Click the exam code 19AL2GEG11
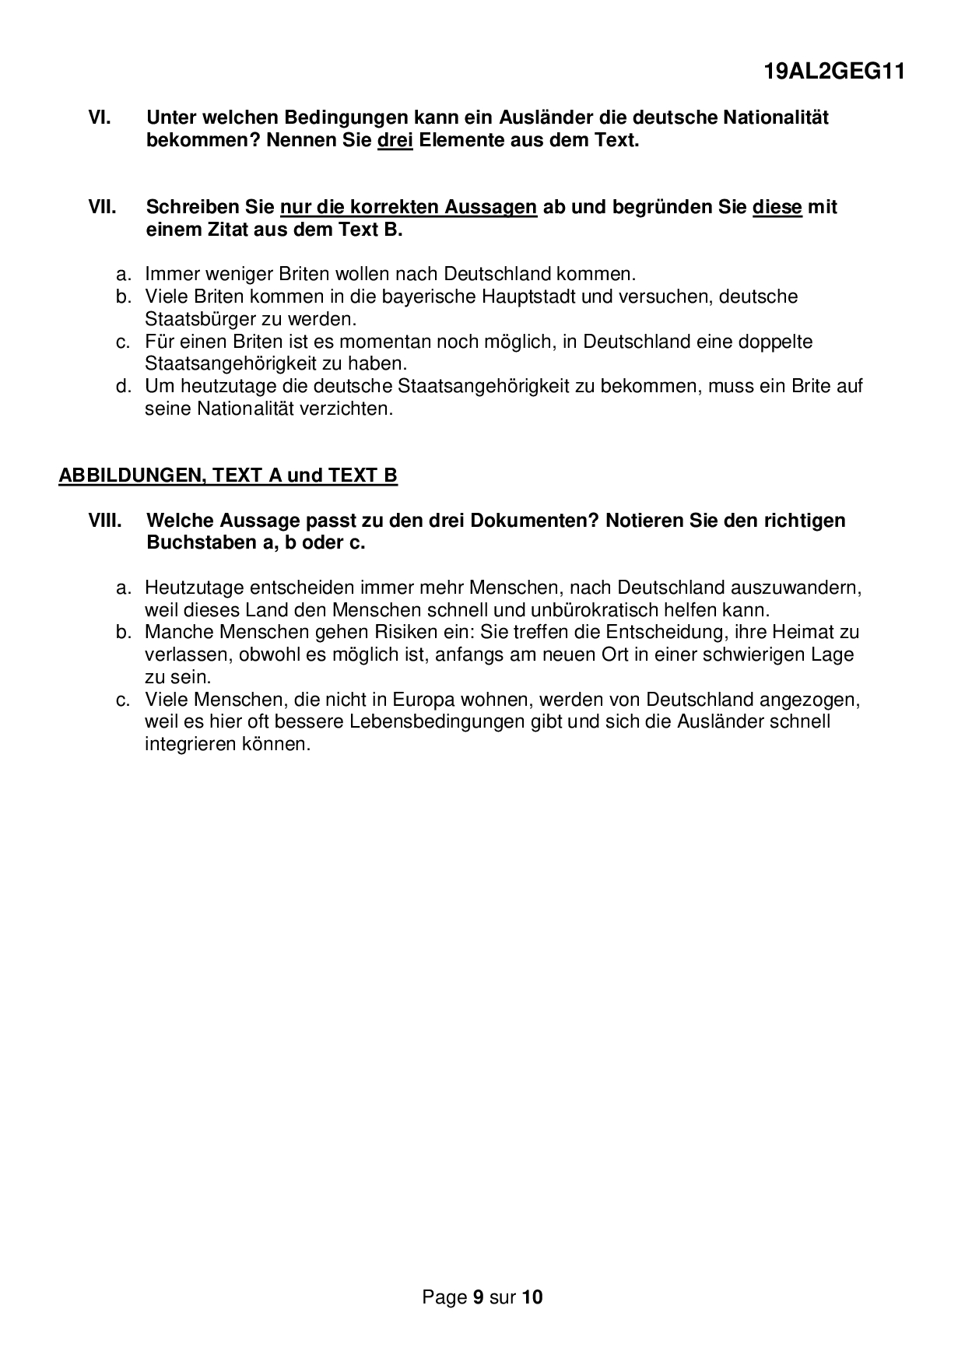(x=834, y=72)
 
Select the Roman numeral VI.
(x=100, y=118)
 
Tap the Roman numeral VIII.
(x=105, y=520)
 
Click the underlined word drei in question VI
(x=395, y=141)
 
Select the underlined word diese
(x=777, y=208)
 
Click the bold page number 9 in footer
(x=479, y=1297)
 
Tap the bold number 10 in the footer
(x=532, y=1297)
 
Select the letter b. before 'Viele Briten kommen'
(x=122, y=297)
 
